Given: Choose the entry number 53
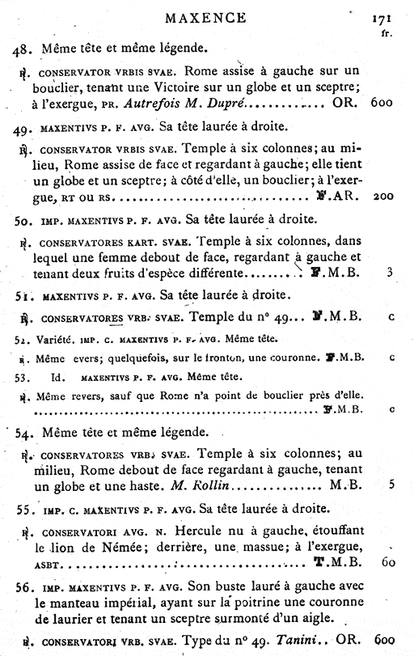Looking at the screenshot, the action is point(23,376).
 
